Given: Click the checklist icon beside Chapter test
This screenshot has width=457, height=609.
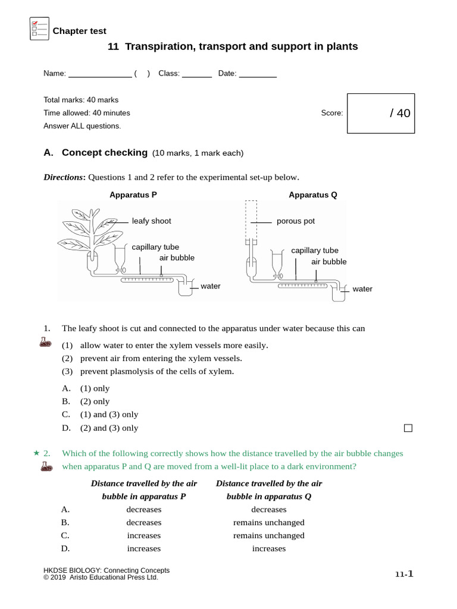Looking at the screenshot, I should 39,29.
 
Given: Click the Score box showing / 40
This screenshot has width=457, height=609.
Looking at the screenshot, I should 381,113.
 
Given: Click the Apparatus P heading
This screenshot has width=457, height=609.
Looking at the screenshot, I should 133,195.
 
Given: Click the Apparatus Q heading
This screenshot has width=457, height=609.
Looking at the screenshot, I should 313,195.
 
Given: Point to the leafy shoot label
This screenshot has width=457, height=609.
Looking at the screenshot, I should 151,221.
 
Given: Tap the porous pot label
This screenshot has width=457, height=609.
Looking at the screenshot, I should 296,221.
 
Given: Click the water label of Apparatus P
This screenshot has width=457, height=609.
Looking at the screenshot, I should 211,287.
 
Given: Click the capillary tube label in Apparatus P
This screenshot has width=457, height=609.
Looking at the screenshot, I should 155,247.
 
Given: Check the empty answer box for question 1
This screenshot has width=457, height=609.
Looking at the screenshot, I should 408,428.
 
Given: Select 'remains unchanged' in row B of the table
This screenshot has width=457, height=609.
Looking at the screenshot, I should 269,523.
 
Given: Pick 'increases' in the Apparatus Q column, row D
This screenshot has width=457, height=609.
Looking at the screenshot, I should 269,549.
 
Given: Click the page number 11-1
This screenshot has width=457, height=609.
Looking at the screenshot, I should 404,575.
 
